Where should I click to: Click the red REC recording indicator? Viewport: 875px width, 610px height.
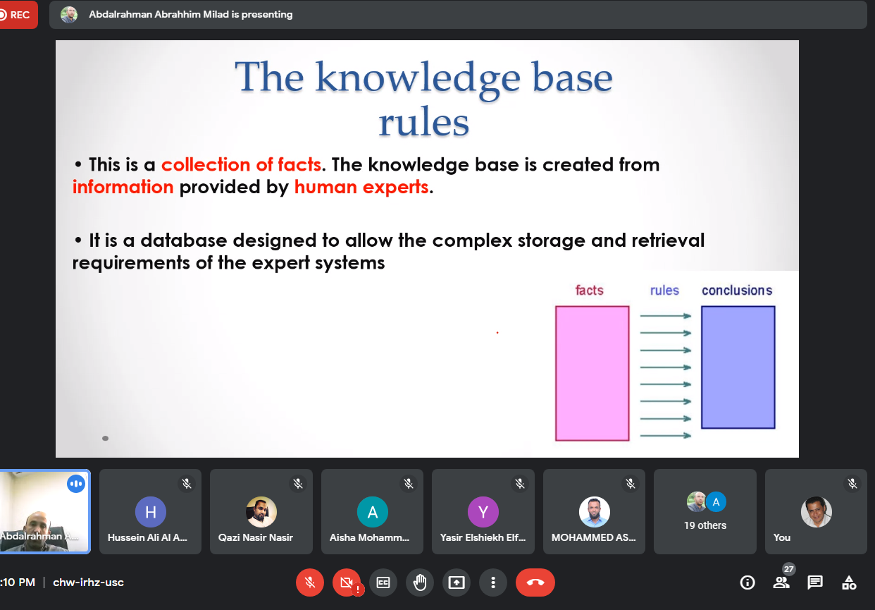click(15, 15)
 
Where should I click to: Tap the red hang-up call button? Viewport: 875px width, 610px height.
click(535, 582)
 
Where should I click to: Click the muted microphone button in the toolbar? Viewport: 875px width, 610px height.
click(310, 582)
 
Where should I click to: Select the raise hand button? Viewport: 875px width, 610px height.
click(420, 582)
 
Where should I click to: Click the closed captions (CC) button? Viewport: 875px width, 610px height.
click(383, 582)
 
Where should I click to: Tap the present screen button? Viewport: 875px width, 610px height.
click(457, 582)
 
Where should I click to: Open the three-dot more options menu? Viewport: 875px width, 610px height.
click(493, 582)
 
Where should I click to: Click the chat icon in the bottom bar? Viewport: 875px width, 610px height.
click(815, 582)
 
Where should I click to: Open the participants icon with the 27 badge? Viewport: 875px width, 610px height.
click(781, 582)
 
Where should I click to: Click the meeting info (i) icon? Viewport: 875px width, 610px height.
click(747, 582)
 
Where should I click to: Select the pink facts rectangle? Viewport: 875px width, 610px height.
click(592, 374)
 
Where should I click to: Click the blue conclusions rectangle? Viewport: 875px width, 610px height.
click(738, 367)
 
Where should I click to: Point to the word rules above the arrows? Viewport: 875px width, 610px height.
click(664, 290)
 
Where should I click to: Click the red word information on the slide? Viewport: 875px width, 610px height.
click(123, 187)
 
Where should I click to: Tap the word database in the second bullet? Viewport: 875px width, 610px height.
click(184, 240)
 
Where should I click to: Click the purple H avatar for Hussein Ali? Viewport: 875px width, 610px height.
click(150, 512)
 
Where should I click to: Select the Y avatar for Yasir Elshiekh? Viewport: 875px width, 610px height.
click(483, 512)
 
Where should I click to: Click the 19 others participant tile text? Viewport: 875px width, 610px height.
click(705, 525)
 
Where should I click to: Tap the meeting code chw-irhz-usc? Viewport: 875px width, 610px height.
click(88, 582)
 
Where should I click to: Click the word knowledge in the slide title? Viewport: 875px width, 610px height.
click(418, 78)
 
